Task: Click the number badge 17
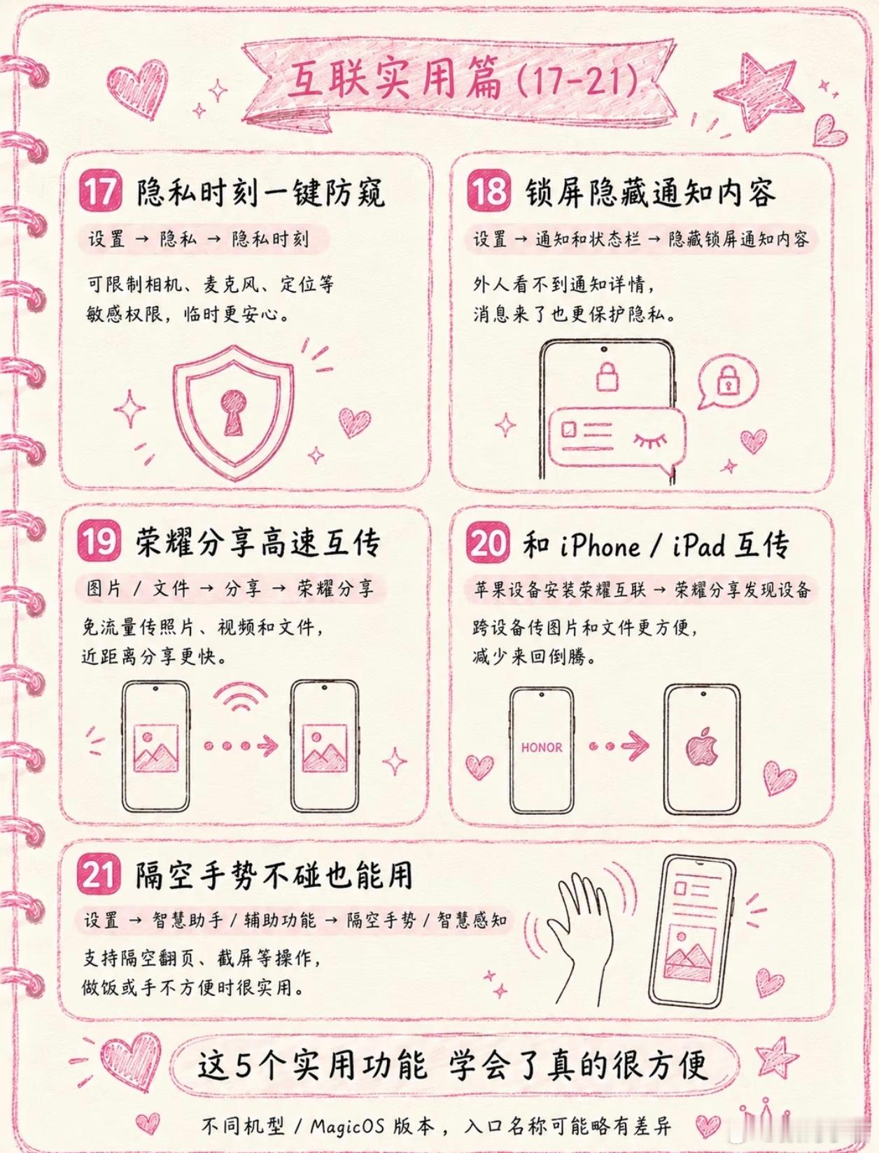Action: (100, 193)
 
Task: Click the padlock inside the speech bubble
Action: (727, 381)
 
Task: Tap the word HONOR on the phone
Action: (542, 748)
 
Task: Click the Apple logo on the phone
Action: (701, 746)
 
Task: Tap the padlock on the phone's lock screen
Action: (607, 375)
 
